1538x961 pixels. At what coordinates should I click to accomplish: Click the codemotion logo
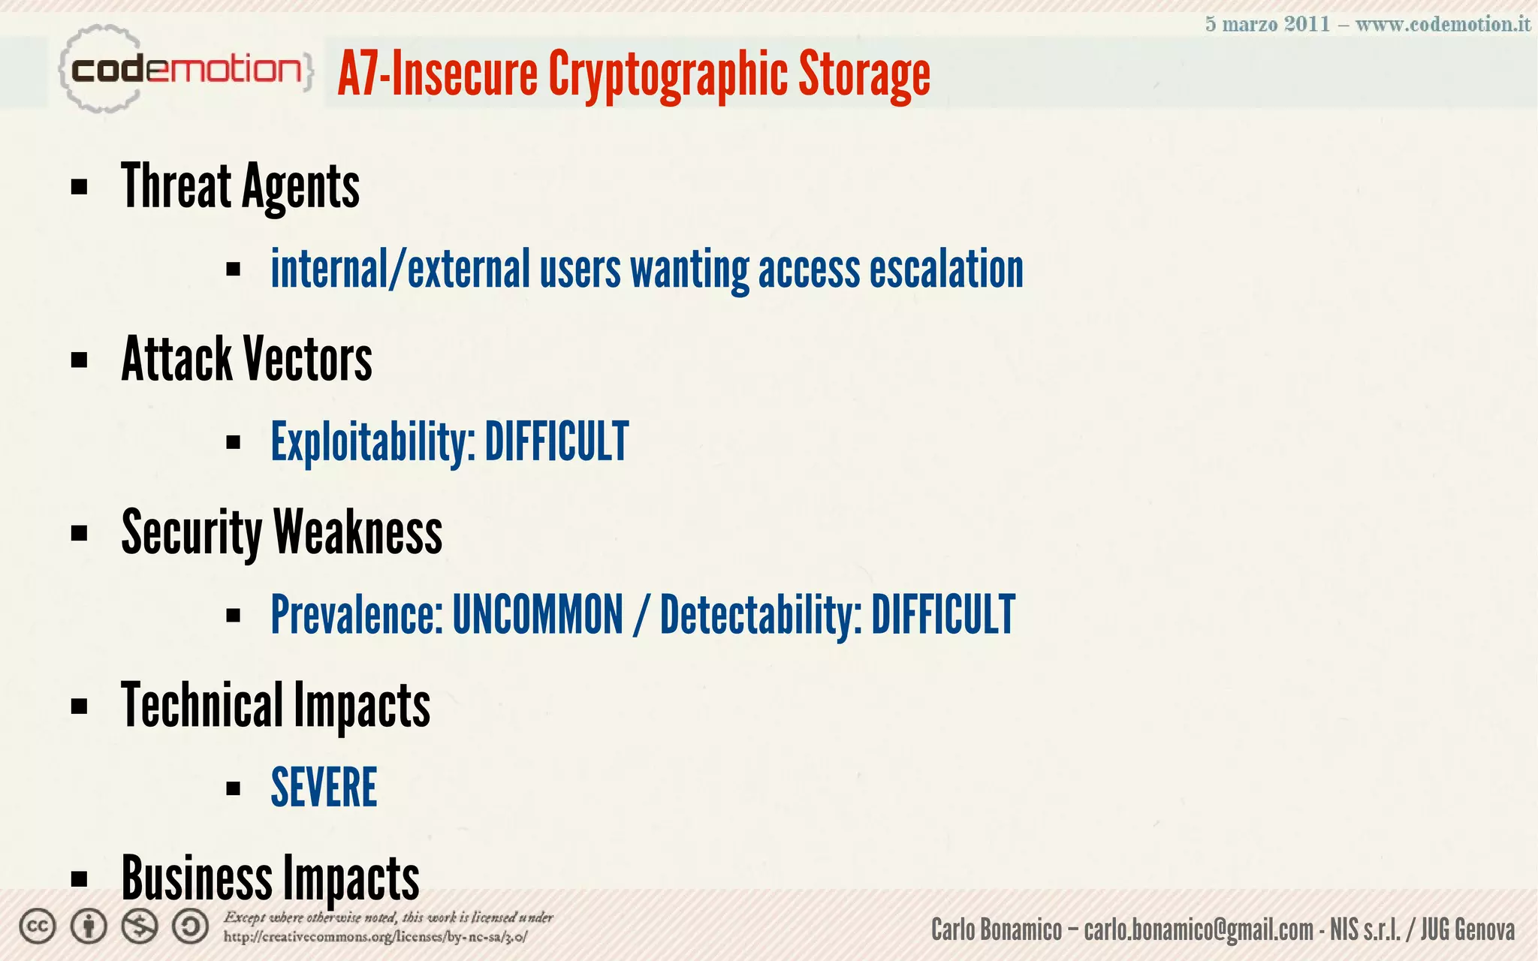[185, 70]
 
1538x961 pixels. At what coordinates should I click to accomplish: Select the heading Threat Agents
[240, 187]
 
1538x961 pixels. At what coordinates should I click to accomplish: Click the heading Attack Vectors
[246, 360]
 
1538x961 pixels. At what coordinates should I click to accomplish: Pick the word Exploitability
[372, 442]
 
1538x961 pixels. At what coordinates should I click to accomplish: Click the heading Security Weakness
[282, 532]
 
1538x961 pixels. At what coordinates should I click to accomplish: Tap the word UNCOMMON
[538, 615]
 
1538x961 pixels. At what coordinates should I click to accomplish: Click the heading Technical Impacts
[276, 705]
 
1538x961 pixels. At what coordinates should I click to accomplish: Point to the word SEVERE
[324, 788]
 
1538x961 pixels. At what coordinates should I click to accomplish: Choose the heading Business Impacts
[270, 878]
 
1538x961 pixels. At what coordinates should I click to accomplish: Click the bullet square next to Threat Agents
[79, 187]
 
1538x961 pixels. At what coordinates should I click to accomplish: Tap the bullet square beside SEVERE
[233, 788]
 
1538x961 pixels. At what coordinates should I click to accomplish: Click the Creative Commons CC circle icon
[38, 927]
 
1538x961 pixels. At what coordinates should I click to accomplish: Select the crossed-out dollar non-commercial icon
[140, 927]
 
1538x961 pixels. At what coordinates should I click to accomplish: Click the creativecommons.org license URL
[375, 937]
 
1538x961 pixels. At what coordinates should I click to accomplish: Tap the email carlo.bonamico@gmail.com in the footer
[1199, 930]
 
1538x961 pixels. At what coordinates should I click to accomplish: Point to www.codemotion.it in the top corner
[1443, 24]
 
